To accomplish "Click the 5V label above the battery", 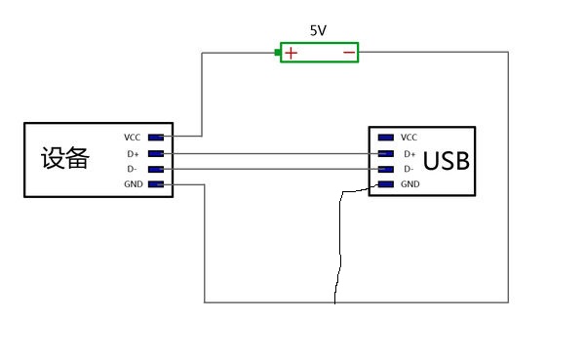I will tap(318, 30).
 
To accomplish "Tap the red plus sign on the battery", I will tap(292, 53).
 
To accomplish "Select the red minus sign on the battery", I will tap(348, 53).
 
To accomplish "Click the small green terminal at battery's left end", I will tap(278, 53).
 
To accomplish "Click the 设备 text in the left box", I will tap(64, 159).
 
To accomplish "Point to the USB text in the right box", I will tap(446, 161).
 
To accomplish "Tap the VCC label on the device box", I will tap(133, 138).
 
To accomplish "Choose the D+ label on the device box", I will tap(133, 153).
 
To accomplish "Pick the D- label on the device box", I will tap(133, 169).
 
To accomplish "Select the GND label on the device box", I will tap(133, 184).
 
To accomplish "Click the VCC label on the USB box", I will tap(409, 138).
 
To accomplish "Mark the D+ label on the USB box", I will tap(409, 153).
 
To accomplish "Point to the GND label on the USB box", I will tap(409, 184).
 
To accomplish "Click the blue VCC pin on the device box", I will tap(155, 138).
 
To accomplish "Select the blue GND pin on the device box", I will tap(155, 184).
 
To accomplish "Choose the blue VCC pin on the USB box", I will tap(385, 138).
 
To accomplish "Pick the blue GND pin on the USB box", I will tap(385, 184).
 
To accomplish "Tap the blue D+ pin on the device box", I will tap(155, 153).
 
